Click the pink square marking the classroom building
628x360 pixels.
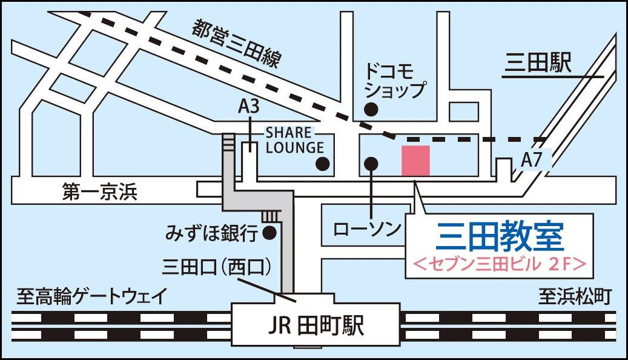[416, 161]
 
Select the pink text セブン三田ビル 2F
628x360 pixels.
[500, 264]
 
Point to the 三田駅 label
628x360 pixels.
[538, 64]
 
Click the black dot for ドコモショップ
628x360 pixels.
[371, 109]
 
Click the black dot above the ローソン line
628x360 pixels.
[371, 163]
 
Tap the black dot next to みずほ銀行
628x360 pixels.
[271, 232]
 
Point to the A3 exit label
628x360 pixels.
[248, 107]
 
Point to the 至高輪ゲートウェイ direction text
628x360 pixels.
[91, 298]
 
